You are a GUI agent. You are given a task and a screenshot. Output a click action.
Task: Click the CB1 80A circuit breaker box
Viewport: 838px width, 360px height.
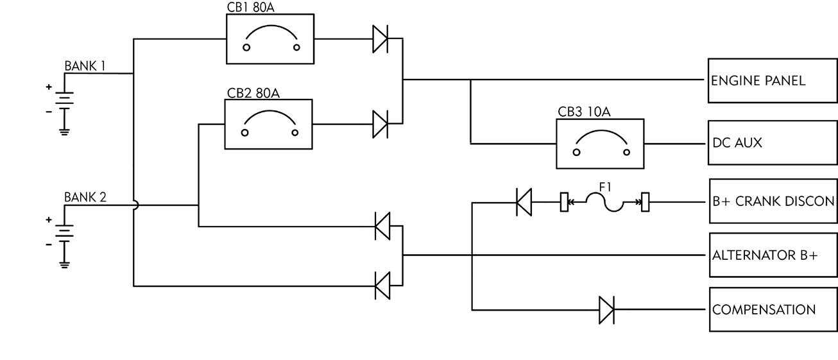[270, 39]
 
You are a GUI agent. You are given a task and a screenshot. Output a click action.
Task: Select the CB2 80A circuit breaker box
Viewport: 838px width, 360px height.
[269, 124]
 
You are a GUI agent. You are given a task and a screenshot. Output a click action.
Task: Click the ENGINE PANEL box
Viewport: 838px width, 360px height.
[773, 81]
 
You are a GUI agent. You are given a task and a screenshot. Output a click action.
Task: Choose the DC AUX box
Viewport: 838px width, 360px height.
[773, 143]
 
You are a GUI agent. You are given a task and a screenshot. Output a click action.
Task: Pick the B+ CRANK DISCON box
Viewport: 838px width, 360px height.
[773, 201]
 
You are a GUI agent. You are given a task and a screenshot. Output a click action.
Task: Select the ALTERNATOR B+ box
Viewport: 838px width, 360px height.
[773, 255]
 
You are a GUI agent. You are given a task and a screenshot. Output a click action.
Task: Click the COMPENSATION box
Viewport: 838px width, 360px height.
[773, 310]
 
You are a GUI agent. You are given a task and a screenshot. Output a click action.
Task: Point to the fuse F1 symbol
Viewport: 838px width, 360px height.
[604, 202]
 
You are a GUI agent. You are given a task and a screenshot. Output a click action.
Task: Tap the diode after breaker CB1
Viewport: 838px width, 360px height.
[381, 39]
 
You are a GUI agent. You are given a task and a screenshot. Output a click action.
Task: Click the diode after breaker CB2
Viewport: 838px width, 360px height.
[381, 124]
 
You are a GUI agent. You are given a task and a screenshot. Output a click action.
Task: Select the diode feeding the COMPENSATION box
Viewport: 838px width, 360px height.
[606, 310]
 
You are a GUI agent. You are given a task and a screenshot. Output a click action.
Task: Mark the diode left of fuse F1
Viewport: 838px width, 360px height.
[524, 202]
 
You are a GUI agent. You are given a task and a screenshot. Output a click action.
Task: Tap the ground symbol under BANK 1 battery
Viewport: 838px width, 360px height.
[64, 132]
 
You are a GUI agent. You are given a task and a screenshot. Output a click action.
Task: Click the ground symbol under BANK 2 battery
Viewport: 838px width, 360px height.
[64, 262]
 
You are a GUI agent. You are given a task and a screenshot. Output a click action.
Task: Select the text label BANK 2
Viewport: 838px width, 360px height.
[85, 197]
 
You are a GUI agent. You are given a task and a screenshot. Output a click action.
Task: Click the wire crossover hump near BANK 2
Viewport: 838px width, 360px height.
[135, 205]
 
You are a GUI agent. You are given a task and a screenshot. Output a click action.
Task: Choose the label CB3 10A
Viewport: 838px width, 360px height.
[584, 112]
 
